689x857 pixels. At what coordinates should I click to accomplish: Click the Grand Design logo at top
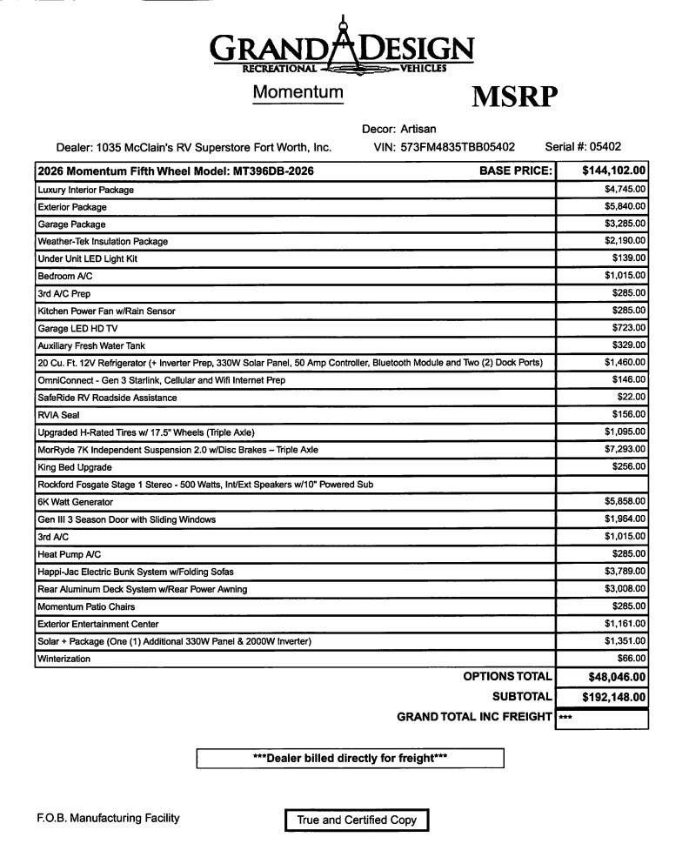pyautogui.click(x=342, y=48)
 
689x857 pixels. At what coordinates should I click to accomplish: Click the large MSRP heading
pyautogui.click(x=514, y=97)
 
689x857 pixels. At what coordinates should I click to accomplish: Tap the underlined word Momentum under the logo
pyautogui.click(x=298, y=92)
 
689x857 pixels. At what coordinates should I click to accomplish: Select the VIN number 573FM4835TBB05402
pyautogui.click(x=458, y=147)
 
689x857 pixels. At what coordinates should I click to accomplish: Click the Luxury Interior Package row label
pyautogui.click(x=86, y=190)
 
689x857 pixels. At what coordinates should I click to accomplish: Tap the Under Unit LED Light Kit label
pyautogui.click(x=88, y=258)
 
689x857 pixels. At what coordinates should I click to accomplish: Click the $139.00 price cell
pyautogui.click(x=629, y=258)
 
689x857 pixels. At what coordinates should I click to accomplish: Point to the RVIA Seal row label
pyautogui.click(x=58, y=415)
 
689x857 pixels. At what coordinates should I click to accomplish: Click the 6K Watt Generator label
pyautogui.click(x=75, y=502)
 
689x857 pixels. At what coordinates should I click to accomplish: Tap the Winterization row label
pyautogui.click(x=64, y=659)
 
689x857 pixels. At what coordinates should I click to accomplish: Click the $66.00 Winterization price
pyautogui.click(x=632, y=659)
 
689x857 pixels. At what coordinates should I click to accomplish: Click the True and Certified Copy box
pyautogui.click(x=357, y=820)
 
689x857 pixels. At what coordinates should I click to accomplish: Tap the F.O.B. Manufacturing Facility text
pyautogui.click(x=108, y=818)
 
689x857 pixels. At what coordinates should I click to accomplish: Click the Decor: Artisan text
pyautogui.click(x=399, y=130)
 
